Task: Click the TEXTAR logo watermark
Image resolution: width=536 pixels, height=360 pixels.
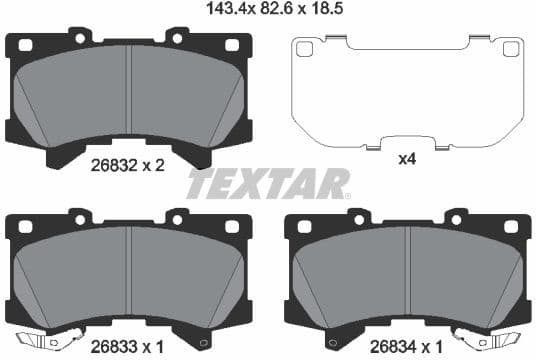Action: (x=268, y=184)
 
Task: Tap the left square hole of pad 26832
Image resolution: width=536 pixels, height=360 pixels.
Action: (x=25, y=44)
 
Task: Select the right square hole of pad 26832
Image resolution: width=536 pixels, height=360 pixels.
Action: (x=232, y=44)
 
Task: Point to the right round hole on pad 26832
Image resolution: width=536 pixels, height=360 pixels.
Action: (x=177, y=39)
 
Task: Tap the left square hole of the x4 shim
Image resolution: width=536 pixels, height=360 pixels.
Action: (x=305, y=48)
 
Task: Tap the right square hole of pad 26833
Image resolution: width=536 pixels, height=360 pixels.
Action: (x=232, y=226)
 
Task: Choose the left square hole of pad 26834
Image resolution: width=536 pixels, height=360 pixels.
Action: (x=304, y=226)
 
